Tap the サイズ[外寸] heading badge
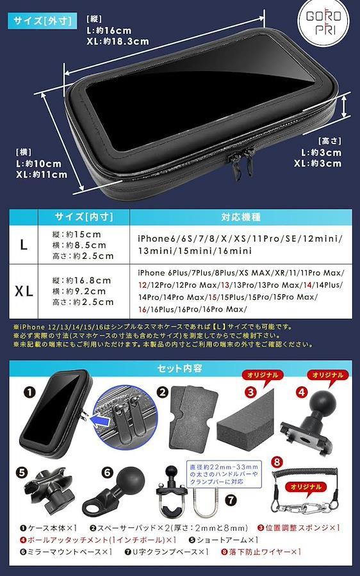click(x=42, y=21)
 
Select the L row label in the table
click(x=24, y=245)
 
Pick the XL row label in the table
click(x=24, y=292)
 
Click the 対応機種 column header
click(x=241, y=217)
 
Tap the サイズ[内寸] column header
click(x=84, y=217)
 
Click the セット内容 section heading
click(x=179, y=368)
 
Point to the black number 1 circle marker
click(x=29, y=392)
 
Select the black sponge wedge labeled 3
click(x=245, y=419)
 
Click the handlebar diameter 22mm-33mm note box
click(x=224, y=474)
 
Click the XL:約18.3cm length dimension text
click(x=118, y=41)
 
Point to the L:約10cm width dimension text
click(x=38, y=163)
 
